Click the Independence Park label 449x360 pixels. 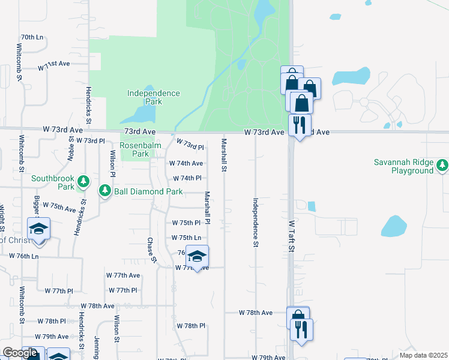click(154, 97)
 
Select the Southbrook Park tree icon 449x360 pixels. click(84, 181)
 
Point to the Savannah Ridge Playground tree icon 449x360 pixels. click(442, 164)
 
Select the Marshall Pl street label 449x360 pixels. click(207, 208)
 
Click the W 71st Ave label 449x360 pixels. click(54, 65)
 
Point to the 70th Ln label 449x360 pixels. click(32, 37)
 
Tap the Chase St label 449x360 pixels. click(151, 250)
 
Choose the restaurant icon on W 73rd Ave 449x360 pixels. click(299, 124)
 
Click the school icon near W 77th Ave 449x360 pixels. click(197, 256)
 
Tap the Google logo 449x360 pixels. click(20, 353)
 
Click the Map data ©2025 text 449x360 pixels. click(423, 355)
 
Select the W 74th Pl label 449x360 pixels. click(187, 178)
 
